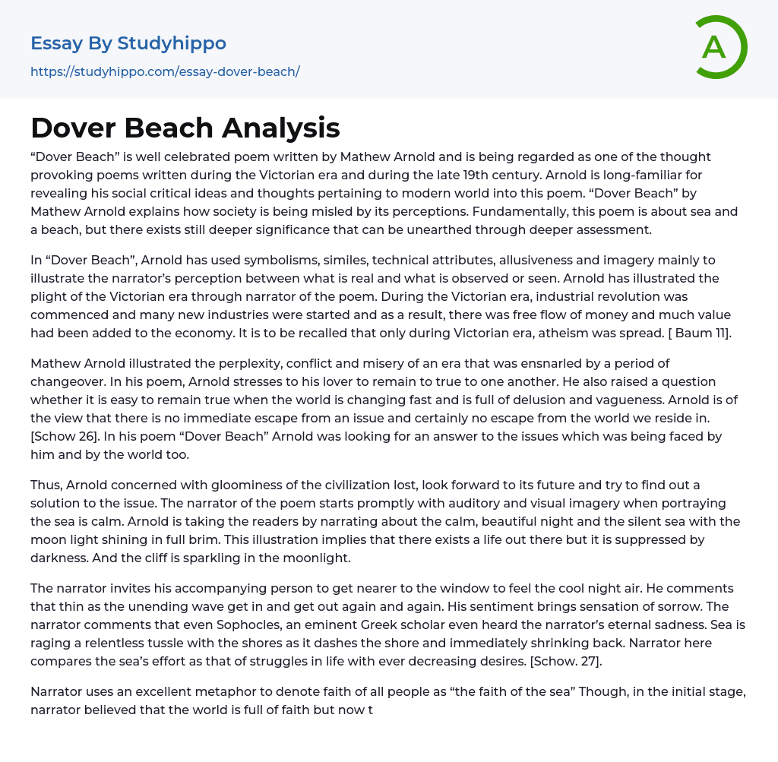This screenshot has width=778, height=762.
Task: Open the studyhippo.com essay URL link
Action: click(x=165, y=71)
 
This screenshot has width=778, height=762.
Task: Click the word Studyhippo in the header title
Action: click(x=172, y=43)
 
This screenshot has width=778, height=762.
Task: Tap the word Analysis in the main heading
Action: click(x=281, y=128)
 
